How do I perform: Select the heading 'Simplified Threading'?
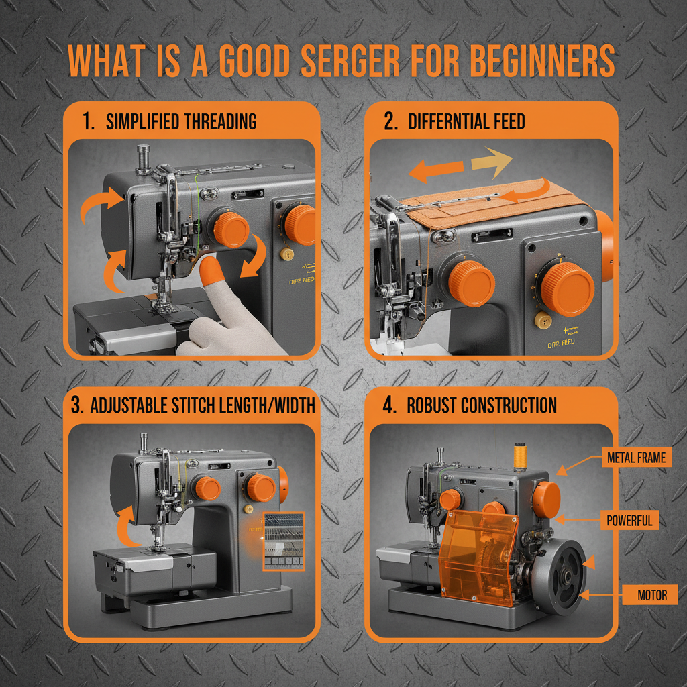click(181, 121)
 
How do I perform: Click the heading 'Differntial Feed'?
click(466, 121)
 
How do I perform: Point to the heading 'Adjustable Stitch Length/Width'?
click(202, 406)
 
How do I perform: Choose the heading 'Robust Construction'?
click(482, 406)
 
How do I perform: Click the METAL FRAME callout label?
click(635, 458)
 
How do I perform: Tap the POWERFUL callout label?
click(629, 520)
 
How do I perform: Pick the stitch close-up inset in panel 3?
click(284, 540)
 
